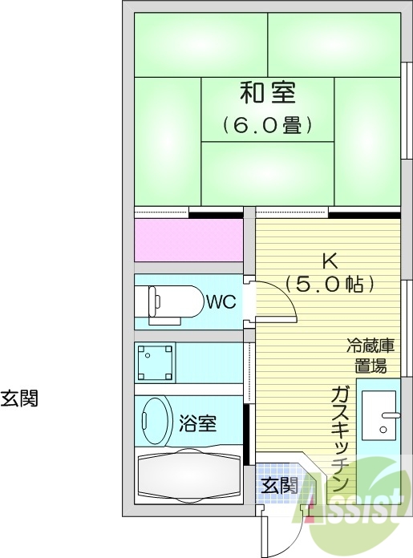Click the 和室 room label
tap(267, 93)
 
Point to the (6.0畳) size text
tap(267, 126)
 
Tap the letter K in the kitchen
tap(328, 261)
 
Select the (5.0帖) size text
tap(328, 285)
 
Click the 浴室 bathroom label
tap(197, 423)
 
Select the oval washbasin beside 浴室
tap(156, 420)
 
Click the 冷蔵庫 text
tap(370, 347)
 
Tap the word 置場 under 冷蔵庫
tap(370, 366)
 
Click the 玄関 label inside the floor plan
tap(278, 485)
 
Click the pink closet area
tap(188, 240)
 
